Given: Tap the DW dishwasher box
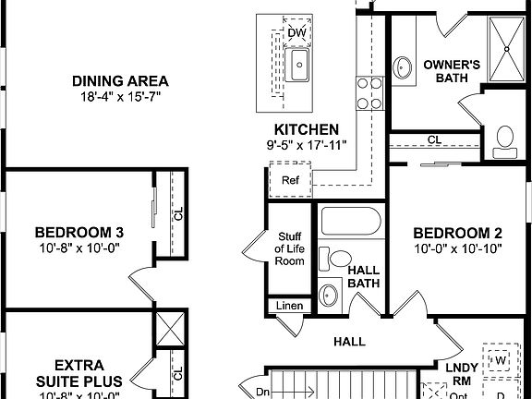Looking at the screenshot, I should [x=296, y=33].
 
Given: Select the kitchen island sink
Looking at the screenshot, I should [x=299, y=65].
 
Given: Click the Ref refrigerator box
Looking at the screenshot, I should [x=291, y=180].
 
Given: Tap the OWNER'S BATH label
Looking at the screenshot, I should [x=450, y=71].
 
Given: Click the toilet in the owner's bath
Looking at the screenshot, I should [x=504, y=139].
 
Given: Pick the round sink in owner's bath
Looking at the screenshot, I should [x=404, y=67].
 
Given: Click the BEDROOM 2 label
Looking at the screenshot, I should [x=457, y=232].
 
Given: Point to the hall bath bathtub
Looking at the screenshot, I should [x=347, y=224].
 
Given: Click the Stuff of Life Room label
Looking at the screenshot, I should [x=289, y=248].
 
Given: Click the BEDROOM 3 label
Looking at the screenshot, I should [x=79, y=232].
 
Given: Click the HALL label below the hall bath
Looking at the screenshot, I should [x=349, y=342].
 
